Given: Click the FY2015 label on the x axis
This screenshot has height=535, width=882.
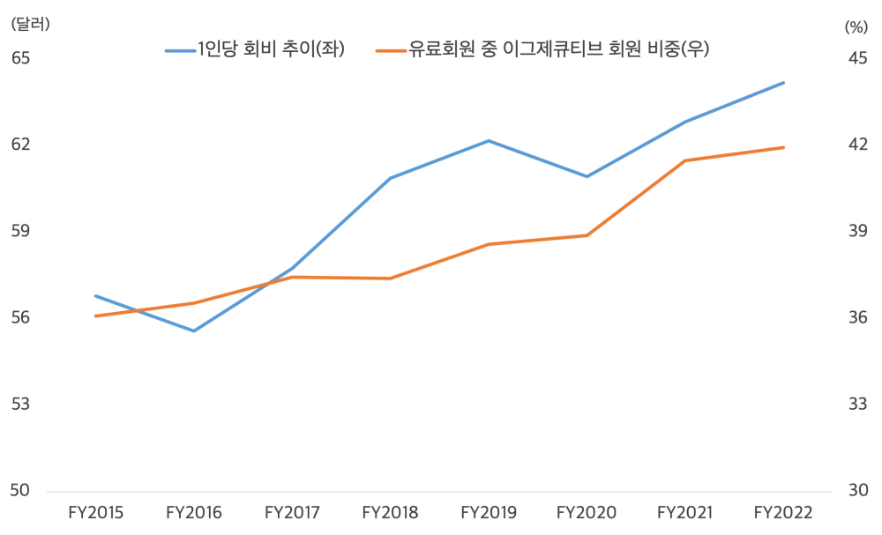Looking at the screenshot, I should click(x=95, y=512).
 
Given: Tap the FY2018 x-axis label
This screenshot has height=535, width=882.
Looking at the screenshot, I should click(x=390, y=512).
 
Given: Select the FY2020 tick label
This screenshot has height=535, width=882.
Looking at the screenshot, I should click(x=587, y=512).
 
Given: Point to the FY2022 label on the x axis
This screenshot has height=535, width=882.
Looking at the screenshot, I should click(x=784, y=512).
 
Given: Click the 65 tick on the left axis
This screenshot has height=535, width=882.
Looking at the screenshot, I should click(x=20, y=58).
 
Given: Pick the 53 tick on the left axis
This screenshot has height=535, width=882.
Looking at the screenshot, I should click(x=20, y=405).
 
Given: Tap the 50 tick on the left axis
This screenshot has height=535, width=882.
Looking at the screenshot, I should click(x=20, y=491).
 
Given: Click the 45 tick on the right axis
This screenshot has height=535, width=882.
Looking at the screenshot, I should click(x=858, y=58).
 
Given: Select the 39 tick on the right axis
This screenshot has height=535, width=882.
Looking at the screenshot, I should click(x=858, y=231).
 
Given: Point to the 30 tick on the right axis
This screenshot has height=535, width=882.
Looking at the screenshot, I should click(x=858, y=491).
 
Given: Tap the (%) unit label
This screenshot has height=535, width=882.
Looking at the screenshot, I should click(x=856, y=26).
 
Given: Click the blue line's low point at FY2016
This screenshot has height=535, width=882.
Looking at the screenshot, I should click(x=194, y=331).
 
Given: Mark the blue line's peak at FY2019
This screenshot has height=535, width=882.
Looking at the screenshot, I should click(x=489, y=141).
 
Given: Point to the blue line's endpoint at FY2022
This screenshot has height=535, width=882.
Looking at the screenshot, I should click(x=784, y=83).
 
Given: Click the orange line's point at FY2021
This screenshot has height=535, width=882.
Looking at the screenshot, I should click(x=685, y=160).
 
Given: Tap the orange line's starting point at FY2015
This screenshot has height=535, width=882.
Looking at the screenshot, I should click(x=95, y=316).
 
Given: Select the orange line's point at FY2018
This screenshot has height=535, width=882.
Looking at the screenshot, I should click(x=390, y=279).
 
